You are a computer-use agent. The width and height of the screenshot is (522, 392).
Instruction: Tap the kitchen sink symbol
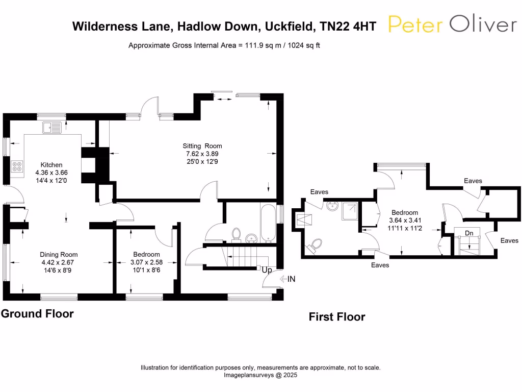52,127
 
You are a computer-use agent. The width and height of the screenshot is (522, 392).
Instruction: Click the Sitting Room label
203,146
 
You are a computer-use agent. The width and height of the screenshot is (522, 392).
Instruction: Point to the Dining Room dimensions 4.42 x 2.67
59,262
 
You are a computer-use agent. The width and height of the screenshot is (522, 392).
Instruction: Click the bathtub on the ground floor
268,224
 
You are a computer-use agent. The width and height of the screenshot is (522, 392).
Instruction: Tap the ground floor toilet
236,234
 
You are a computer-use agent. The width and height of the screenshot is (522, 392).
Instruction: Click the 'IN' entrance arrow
289,279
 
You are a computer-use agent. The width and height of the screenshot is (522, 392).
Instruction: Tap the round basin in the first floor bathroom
332,206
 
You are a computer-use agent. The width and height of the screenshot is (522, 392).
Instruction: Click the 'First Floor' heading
336,317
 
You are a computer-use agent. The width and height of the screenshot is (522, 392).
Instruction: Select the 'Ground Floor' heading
37,313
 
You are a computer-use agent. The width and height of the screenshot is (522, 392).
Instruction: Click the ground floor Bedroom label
146,254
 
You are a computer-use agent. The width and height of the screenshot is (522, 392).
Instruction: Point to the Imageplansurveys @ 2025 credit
260,375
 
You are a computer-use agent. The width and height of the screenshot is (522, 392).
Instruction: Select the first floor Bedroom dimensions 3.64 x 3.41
405,220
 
